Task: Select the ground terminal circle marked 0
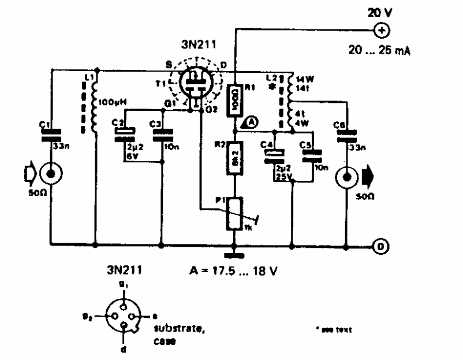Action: tap(380, 247)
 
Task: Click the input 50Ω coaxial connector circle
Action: tap(51, 172)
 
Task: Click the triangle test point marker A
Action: tap(249, 121)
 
